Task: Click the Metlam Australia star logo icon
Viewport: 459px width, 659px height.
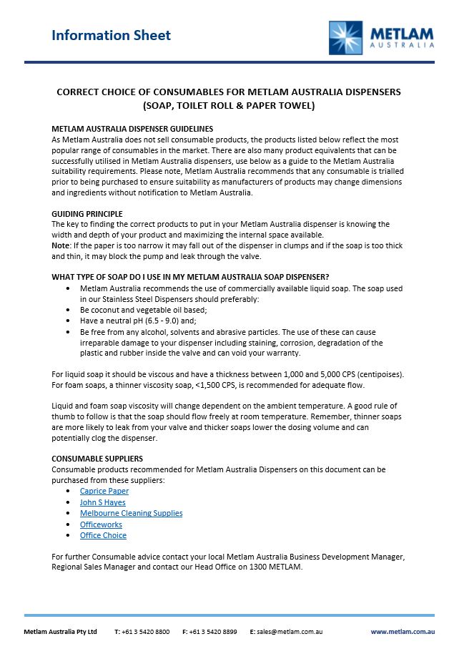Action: tap(346, 38)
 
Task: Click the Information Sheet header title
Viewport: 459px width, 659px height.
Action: tap(111, 35)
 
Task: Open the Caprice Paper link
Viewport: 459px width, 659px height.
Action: tap(104, 491)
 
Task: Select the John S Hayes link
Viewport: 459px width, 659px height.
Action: tap(102, 502)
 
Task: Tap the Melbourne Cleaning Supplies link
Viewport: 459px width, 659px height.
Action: tap(131, 513)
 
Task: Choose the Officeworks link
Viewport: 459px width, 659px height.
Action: tap(101, 524)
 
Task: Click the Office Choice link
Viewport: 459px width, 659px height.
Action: tap(103, 535)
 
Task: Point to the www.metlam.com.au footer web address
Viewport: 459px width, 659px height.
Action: tap(403, 632)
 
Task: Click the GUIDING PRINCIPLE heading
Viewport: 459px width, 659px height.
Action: tap(87, 214)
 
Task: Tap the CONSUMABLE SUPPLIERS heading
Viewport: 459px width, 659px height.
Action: tap(97, 459)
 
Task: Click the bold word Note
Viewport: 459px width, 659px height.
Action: tap(61, 246)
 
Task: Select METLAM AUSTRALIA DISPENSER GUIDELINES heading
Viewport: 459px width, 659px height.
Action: tap(132, 129)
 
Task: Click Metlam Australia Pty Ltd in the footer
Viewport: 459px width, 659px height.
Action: tap(60, 632)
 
